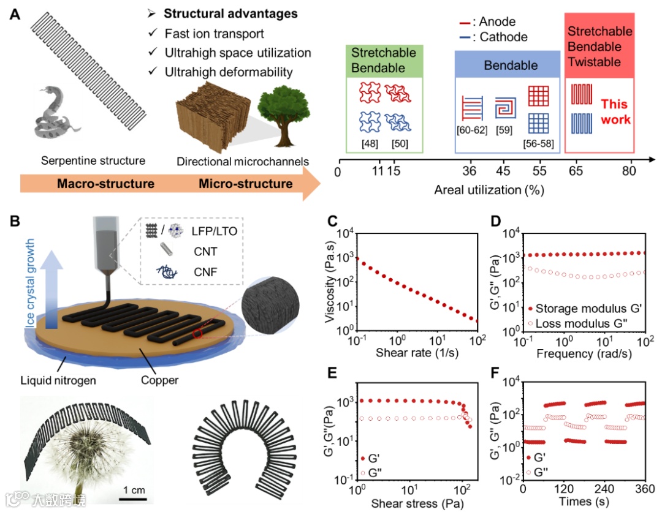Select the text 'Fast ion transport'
(x=214, y=34)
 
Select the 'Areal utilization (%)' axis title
(x=489, y=190)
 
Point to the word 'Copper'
(x=159, y=380)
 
